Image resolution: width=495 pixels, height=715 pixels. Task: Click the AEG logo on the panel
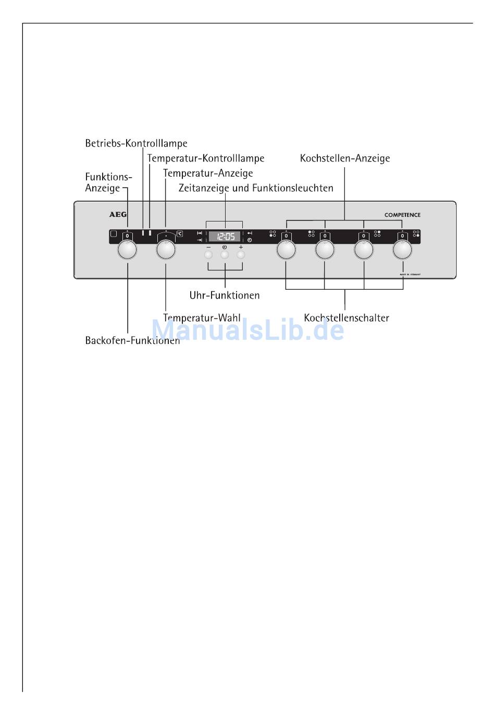(x=118, y=214)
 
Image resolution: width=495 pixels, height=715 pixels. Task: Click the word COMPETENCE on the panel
(x=402, y=215)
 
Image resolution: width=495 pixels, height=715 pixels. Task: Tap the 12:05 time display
(x=225, y=236)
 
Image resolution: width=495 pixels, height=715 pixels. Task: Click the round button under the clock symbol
(x=225, y=255)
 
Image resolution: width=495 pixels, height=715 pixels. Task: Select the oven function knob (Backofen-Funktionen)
(x=127, y=250)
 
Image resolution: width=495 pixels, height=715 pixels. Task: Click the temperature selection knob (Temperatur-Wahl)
(x=166, y=250)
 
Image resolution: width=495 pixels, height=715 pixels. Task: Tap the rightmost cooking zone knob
(x=402, y=250)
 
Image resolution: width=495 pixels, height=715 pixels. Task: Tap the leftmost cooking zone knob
(x=286, y=250)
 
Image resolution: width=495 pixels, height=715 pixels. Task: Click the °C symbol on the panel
(x=180, y=234)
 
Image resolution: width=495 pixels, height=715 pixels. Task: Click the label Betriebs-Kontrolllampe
(x=136, y=143)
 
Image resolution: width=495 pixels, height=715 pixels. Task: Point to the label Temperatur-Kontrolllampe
(x=205, y=158)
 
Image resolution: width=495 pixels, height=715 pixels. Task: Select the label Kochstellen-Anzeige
(x=344, y=158)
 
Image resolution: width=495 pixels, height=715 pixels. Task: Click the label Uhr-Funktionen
(x=224, y=295)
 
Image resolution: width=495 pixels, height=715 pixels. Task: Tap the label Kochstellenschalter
(x=346, y=318)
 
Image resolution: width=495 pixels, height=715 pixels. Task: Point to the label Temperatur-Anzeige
(x=207, y=173)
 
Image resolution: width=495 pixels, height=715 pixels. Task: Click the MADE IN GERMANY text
(x=410, y=274)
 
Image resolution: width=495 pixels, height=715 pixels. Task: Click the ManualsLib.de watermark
(x=247, y=330)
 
